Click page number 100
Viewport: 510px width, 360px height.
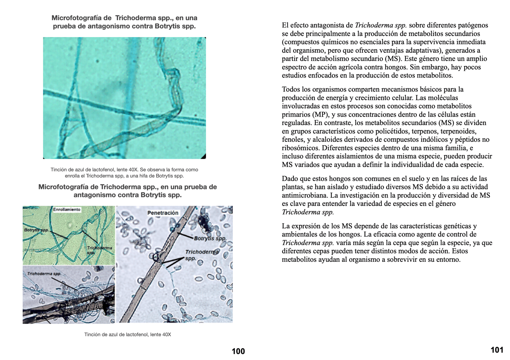[x=238, y=352]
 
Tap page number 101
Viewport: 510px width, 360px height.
[x=497, y=350]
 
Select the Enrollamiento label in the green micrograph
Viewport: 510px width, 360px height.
[x=67, y=210]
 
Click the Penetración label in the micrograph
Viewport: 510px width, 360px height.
[x=163, y=213]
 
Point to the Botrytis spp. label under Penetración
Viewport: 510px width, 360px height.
[x=210, y=238]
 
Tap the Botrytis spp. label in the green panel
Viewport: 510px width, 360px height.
[x=36, y=230]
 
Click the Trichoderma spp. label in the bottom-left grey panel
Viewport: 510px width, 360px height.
[x=44, y=274]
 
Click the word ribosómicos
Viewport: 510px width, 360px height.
[x=300, y=148]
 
